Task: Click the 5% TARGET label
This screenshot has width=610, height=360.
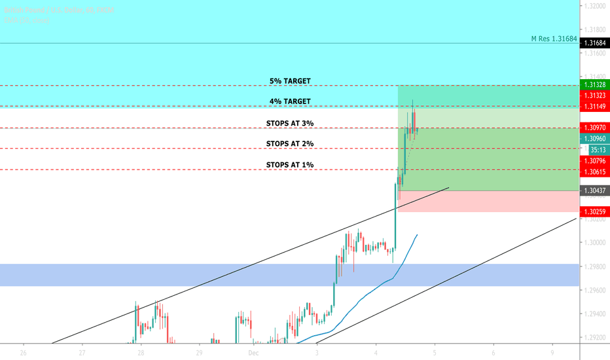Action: tap(290, 81)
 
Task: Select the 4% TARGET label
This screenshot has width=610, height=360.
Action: tap(290, 101)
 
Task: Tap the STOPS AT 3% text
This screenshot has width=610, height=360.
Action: tap(290, 123)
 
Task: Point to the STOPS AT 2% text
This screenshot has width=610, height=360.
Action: tap(290, 143)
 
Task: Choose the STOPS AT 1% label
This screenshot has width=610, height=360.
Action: tap(290, 164)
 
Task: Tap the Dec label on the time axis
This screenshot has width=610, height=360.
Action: tap(257, 352)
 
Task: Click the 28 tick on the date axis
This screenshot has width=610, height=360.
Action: tap(141, 352)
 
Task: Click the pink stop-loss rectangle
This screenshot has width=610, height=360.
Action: tap(488, 202)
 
